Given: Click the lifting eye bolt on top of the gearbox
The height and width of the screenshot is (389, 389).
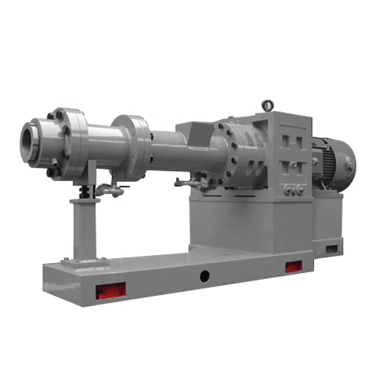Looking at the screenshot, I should click(x=266, y=104).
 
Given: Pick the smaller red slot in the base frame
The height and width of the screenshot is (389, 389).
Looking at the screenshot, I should click(x=294, y=266).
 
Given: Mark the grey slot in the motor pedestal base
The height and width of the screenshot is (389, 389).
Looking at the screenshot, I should click(x=332, y=249).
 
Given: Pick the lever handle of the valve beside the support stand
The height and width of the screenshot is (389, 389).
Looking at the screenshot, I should click(x=120, y=187).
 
